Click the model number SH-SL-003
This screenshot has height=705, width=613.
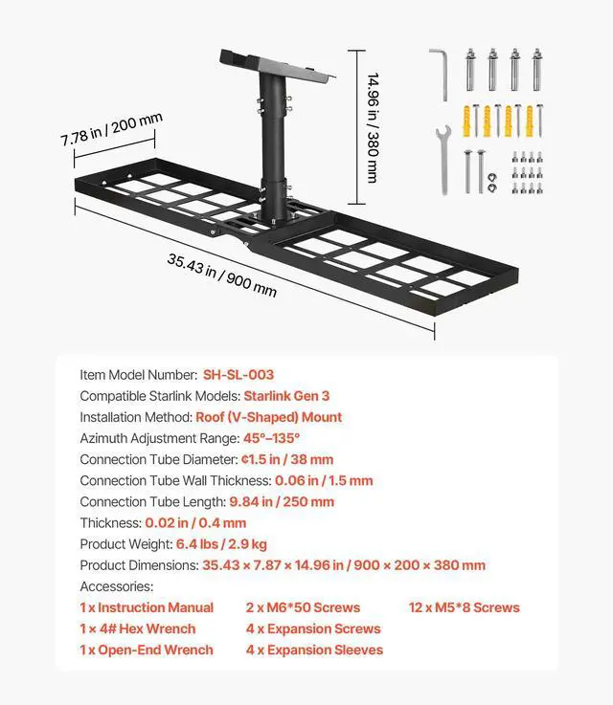pos(238,375)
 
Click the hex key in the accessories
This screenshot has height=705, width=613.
pos(438,69)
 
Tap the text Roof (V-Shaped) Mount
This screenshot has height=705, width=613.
pos(268,417)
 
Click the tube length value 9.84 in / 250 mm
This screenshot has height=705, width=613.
pos(282,501)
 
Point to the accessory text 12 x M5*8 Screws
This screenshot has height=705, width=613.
pos(465,607)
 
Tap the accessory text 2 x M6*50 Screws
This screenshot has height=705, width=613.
pos(303,607)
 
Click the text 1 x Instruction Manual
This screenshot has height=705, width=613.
pos(147,607)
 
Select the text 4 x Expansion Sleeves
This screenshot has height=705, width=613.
pos(314,650)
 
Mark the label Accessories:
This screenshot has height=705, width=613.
pos(116,586)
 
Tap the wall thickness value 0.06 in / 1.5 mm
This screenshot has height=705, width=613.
pos(324,480)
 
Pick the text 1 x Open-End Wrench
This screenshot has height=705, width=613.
pos(147,650)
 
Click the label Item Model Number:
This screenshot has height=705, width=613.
pos(138,375)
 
